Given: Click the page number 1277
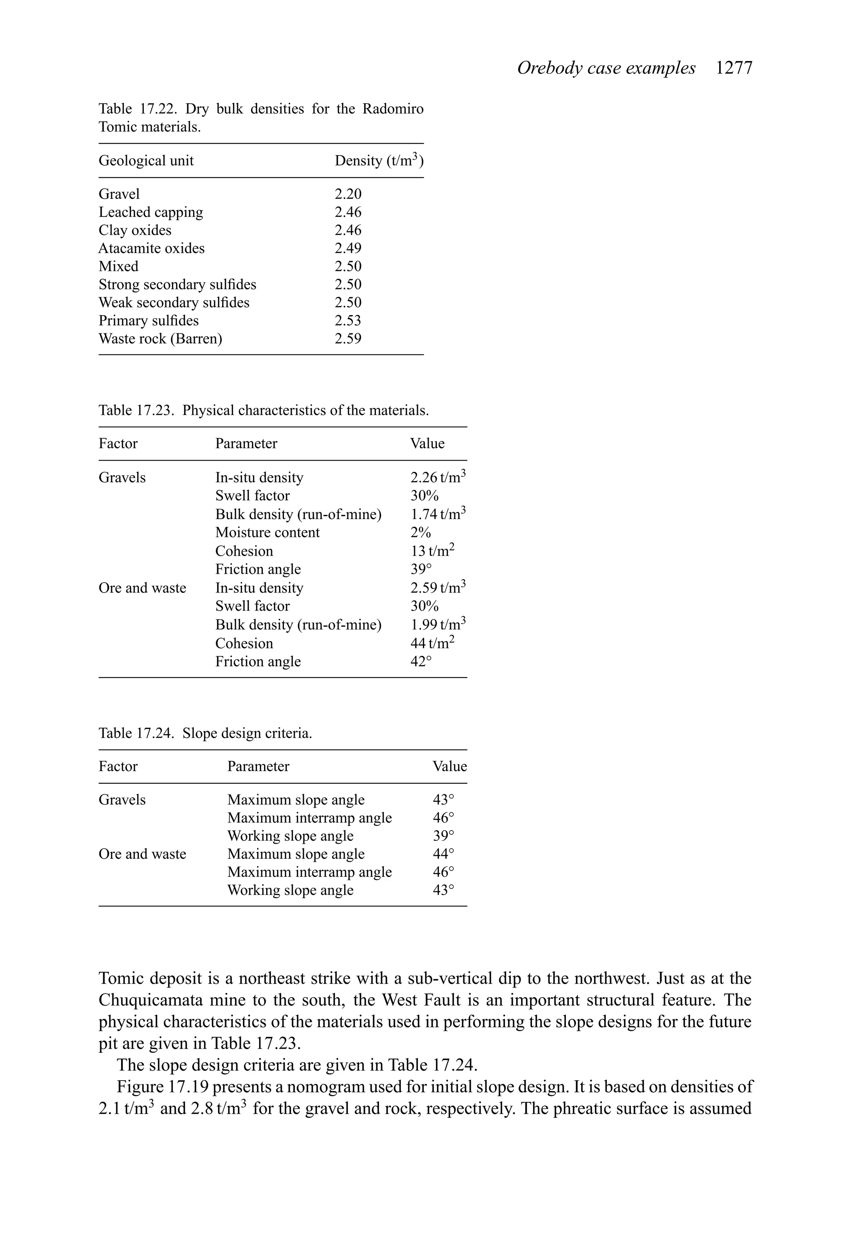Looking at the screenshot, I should (734, 68).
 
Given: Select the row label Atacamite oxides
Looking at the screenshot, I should (151, 248).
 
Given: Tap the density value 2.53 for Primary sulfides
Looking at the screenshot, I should (348, 321).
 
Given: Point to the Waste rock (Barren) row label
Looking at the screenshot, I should (160, 339).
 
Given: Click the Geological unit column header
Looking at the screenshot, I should (146, 161).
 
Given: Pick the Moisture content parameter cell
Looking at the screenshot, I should (267, 532).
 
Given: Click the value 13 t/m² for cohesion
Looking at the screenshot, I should (432, 551).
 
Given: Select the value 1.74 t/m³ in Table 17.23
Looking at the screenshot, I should (438, 514).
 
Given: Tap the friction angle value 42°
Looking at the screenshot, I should (421, 662).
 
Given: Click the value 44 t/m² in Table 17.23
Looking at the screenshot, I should (432, 644).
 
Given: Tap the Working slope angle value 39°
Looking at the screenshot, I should (443, 836).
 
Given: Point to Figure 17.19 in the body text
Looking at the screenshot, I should (162, 1087).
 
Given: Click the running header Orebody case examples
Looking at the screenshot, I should (606, 68).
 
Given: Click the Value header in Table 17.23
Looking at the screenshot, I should (427, 444).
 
